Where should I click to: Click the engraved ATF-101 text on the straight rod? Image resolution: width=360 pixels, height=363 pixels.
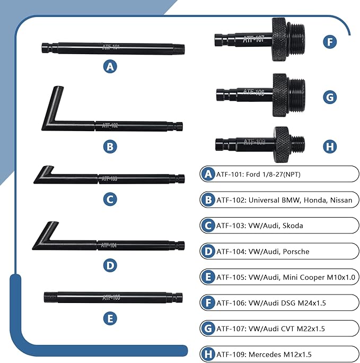click(111, 48)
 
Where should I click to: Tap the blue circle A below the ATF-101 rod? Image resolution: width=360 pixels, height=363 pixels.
click(110, 67)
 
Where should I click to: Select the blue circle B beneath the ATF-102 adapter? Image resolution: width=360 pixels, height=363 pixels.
click(110, 146)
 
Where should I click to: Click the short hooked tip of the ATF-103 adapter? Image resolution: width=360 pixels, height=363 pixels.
click(48, 171)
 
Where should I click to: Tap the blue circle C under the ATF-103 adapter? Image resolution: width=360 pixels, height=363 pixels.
click(110, 199)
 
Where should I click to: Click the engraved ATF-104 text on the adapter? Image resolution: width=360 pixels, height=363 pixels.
click(109, 245)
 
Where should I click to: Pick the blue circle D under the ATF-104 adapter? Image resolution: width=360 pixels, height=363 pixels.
click(110, 265)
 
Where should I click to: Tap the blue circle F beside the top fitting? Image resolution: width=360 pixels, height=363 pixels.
click(330, 41)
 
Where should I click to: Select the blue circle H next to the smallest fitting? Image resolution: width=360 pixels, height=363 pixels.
click(330, 145)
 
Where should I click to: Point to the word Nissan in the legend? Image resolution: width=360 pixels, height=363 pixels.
click(340, 200)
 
